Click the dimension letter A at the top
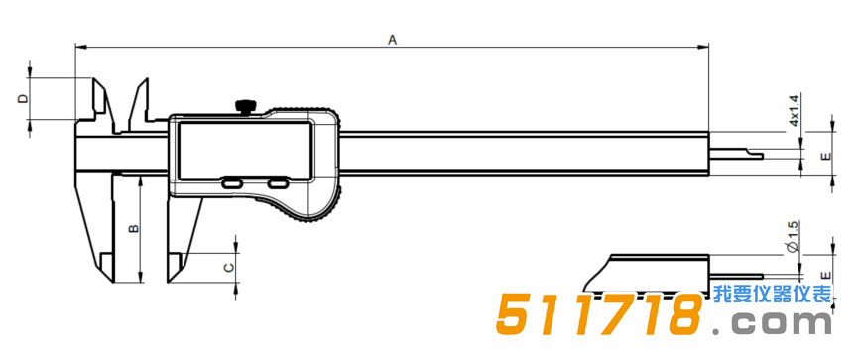tap(393, 39)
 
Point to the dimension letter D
tap(22, 99)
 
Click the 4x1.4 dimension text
tap(794, 110)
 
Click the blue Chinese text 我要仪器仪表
tap(771, 295)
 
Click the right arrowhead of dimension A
tap(706, 46)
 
